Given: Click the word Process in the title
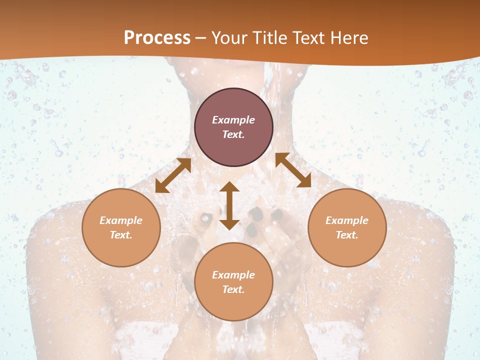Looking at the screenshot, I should click(157, 38).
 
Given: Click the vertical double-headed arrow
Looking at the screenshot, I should click(229, 205).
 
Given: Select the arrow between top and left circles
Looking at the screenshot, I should click(173, 175).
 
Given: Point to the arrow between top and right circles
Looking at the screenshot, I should click(293, 170).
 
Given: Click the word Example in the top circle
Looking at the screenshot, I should click(233, 120).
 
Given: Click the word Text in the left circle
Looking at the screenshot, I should click(121, 235).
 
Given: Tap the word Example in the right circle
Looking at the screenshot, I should click(347, 220).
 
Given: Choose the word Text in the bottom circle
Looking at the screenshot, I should click(233, 289).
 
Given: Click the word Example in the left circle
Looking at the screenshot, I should click(121, 220).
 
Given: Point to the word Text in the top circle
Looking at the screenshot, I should click(233, 134).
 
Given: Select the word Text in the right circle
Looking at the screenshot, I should click(347, 235).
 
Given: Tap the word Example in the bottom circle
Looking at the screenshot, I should click(233, 275).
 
